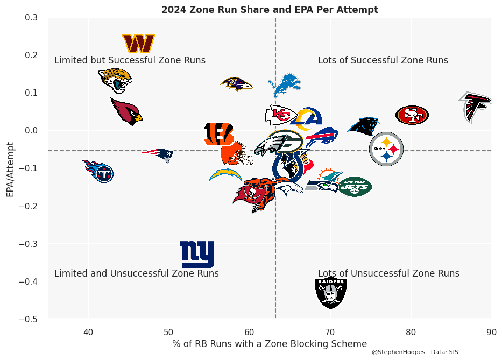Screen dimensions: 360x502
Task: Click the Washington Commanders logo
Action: pyautogui.click(x=138, y=44)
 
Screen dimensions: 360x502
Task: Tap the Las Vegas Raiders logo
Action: pyautogui.click(x=330, y=292)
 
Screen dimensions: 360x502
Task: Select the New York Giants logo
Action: pyautogui.click(x=197, y=254)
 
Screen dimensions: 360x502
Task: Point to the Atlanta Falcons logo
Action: pyautogui.click(x=475, y=107)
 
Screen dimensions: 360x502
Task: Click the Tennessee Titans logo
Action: pyautogui.click(x=98, y=171)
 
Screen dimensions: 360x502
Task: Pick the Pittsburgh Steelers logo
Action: pyautogui.click(x=386, y=149)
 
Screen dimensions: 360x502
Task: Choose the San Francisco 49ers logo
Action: pyautogui.click(x=412, y=115)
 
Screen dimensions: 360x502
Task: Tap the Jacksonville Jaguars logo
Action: pyautogui.click(x=115, y=80)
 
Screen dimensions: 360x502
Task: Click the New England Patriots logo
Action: pyautogui.click(x=159, y=156)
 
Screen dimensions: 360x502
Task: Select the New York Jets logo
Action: pyautogui.click(x=355, y=187)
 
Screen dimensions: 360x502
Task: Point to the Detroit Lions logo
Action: pyautogui.click(x=284, y=85)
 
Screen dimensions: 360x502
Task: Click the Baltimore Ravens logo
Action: pyautogui.click(x=236, y=84)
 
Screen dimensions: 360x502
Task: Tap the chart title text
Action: pyautogui.click(x=270, y=10)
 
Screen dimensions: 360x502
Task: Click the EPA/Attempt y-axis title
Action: pyautogui.click(x=10, y=170)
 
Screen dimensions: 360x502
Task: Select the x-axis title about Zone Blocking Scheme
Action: pyautogui.click(x=270, y=343)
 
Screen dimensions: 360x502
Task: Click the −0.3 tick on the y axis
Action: pyautogui.click(x=30, y=244)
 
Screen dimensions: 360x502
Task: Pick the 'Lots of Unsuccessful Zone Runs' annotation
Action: pyautogui.click(x=388, y=273)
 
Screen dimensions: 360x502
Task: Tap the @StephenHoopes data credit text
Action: pyautogui.click(x=414, y=352)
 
